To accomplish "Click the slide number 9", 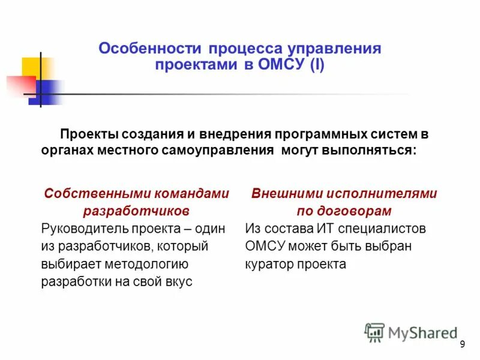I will [x=462, y=344].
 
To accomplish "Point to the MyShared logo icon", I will [x=374, y=332].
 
